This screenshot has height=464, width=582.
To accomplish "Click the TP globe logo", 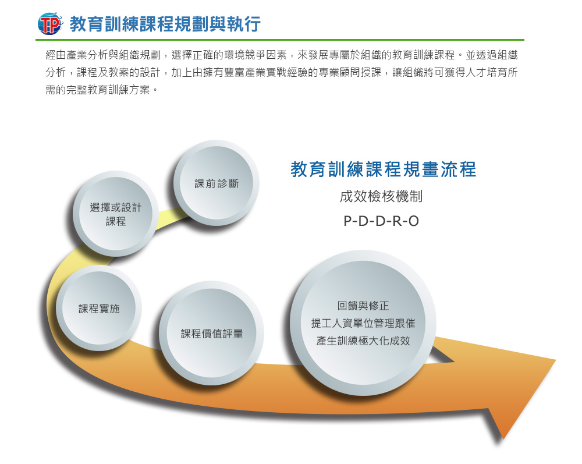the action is click(50, 24).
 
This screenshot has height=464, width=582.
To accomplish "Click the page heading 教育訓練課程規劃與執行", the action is click(165, 24).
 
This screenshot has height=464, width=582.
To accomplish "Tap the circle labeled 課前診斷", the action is click(217, 183).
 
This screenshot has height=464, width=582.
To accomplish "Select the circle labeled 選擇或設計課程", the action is click(116, 214).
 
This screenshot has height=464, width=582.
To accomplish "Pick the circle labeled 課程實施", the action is click(99, 308).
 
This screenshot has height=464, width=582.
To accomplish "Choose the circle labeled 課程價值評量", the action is click(212, 334).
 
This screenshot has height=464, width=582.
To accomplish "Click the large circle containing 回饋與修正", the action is click(363, 323).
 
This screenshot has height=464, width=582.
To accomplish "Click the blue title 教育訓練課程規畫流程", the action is click(383, 169).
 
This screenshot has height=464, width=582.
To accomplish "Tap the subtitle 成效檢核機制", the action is click(381, 196).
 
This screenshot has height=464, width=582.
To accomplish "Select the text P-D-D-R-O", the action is click(381, 221).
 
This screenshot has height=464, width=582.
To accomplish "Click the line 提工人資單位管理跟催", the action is click(363, 323).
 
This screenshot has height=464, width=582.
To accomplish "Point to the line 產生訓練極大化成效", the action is click(363, 341).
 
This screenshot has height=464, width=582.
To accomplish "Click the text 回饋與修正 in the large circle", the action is click(363, 306).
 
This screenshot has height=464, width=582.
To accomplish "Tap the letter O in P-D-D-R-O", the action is click(414, 221).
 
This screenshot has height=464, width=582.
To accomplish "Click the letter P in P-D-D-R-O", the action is click(347, 221).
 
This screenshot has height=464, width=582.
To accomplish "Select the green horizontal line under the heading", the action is click(280, 40).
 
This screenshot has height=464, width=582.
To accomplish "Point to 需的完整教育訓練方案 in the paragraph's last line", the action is click(98, 90).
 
